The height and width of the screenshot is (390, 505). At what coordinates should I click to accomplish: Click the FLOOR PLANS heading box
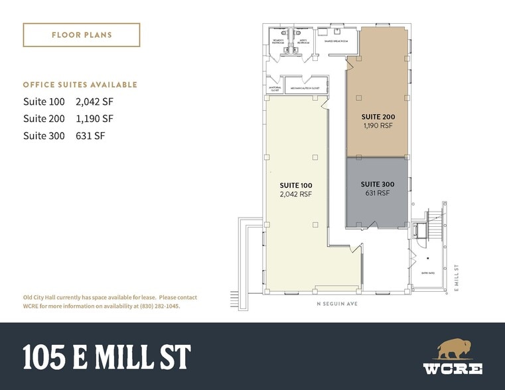click(x=81, y=34)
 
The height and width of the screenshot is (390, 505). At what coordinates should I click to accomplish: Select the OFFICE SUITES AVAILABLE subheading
click(x=80, y=85)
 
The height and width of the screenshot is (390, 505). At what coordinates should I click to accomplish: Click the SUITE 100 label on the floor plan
click(x=297, y=185)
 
